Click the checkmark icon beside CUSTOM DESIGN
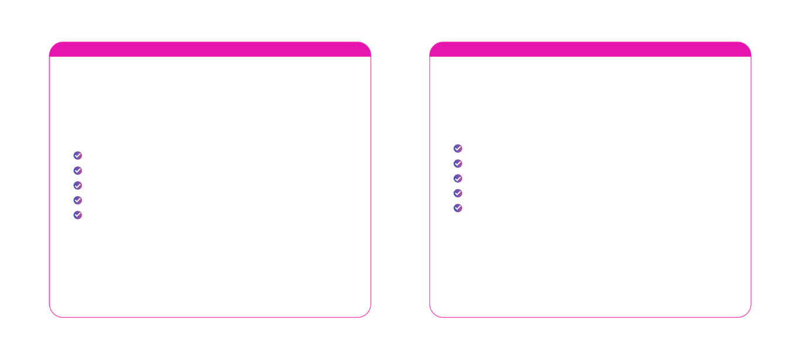[x=78, y=156]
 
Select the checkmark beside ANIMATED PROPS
[x=78, y=186]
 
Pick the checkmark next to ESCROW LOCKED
[x=78, y=200]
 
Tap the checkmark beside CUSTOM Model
[x=458, y=149]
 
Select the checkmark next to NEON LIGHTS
[x=458, y=193]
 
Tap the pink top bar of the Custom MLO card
[x=210, y=50]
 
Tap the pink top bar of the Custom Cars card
[x=590, y=50]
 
